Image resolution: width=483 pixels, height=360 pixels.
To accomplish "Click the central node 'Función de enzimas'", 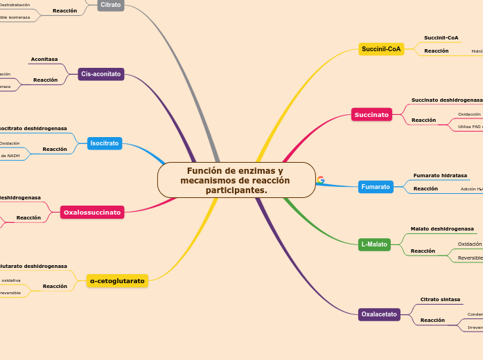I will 236,180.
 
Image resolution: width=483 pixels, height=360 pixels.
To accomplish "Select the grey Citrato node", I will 110,5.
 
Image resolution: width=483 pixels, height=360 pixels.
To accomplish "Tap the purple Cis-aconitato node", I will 101,74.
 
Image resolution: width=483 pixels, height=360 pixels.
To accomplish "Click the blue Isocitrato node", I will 105,143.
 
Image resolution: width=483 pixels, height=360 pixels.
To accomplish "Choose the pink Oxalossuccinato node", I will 92,212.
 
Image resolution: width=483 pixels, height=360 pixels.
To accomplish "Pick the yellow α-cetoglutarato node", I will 117,281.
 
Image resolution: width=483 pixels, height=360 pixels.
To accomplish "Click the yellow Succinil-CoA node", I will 381,49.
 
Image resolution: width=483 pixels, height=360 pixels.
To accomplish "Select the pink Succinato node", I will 371,114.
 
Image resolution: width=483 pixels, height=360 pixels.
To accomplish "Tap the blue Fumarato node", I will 376,187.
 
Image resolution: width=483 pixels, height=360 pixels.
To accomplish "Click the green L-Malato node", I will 374,244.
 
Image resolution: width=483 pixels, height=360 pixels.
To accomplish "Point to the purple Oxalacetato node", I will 379,314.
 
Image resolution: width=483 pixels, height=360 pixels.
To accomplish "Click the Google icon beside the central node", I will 320,180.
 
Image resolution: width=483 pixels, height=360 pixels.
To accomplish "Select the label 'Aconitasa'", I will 44,60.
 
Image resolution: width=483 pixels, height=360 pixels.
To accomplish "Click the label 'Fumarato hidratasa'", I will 440,176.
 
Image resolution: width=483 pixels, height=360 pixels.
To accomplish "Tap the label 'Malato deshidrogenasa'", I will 442,228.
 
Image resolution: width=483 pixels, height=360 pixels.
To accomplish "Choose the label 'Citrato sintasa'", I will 440,300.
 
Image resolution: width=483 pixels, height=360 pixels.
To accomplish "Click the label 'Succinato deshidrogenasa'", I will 446,100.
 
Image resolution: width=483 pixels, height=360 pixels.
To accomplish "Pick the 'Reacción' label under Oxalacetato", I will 432,320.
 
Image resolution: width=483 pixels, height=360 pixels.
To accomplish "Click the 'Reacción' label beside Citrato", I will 64,11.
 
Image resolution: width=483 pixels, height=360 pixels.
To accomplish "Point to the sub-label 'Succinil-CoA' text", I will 441,37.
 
